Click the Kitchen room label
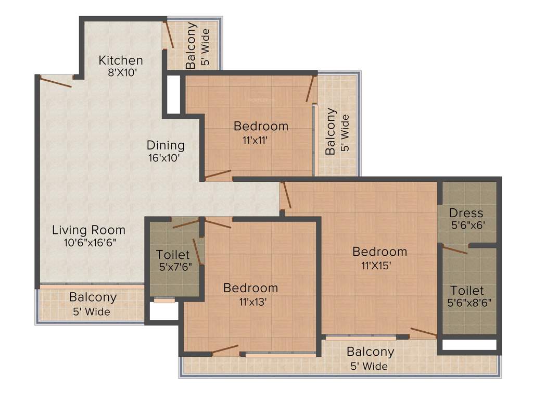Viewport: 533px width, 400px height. [x=121, y=60]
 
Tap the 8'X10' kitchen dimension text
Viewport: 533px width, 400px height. [x=122, y=73]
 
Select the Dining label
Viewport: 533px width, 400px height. [x=165, y=145]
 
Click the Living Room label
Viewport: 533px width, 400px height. [x=88, y=230]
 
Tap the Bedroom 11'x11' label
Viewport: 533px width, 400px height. [x=261, y=126]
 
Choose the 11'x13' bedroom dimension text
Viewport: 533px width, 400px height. [x=250, y=302]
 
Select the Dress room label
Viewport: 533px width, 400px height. [x=466, y=213]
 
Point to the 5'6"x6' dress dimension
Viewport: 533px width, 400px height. [x=466, y=226]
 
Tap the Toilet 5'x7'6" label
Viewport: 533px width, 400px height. [x=173, y=255]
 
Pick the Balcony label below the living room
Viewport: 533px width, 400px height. [x=93, y=298]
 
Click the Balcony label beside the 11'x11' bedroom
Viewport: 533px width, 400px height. [x=331, y=131]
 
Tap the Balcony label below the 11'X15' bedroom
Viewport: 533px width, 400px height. [x=370, y=352]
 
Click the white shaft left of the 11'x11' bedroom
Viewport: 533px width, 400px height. [x=173, y=94]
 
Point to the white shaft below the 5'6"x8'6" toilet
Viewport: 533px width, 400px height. [x=469, y=345]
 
